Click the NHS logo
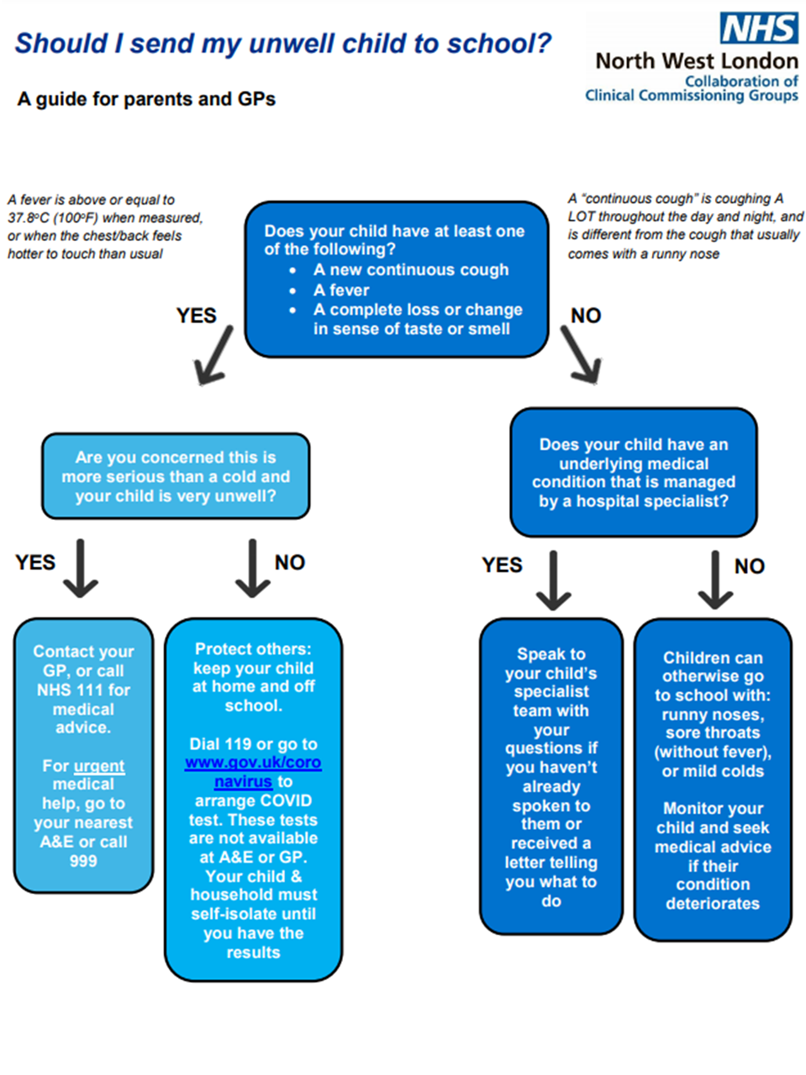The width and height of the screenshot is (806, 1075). pos(759,28)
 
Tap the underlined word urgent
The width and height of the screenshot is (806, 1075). pos(99,766)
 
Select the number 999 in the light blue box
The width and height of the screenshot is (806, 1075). pos(83,861)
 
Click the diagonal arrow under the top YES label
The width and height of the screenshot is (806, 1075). pos(213,357)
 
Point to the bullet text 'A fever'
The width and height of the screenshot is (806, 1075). pos(341,290)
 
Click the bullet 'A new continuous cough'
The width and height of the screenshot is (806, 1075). pos(411,270)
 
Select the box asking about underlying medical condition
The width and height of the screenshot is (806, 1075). pos(633,473)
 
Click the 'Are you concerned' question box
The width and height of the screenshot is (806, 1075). pos(176,477)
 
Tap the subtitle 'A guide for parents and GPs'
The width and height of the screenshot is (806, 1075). pos(146,100)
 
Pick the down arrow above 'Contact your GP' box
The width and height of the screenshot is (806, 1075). pos(81,569)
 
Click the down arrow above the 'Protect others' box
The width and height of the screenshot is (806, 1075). pos(253,569)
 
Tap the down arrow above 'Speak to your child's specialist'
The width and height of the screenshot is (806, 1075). pos(553,581)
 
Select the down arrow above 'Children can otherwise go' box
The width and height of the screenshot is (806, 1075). pos(715,581)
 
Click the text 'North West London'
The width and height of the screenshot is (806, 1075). pos(696,61)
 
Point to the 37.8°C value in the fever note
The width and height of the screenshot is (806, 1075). pos(27,218)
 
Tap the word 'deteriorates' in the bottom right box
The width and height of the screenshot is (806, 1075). pos(712,904)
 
